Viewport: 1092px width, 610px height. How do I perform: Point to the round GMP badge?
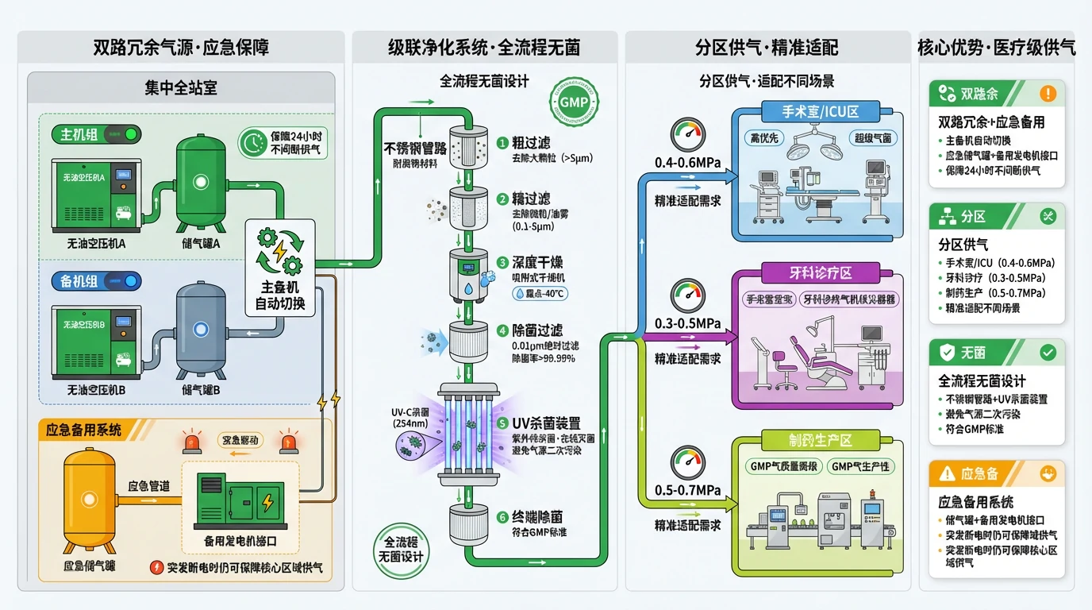click(574, 102)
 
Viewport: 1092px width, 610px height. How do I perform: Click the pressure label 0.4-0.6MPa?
click(687, 164)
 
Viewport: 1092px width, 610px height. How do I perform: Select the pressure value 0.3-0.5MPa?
click(687, 323)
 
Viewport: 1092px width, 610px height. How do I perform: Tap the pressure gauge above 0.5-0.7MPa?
click(687, 462)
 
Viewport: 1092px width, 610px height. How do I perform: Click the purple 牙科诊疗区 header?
click(820, 272)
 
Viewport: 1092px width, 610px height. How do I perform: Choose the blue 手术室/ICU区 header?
click(820, 112)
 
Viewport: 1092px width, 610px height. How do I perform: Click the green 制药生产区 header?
click(820, 439)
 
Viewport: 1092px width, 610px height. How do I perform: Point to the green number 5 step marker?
click(502, 423)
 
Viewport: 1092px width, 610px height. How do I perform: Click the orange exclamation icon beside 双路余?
click(1048, 94)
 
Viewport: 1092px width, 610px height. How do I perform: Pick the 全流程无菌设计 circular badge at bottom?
click(401, 547)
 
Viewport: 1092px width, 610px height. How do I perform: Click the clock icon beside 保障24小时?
click(253, 143)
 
